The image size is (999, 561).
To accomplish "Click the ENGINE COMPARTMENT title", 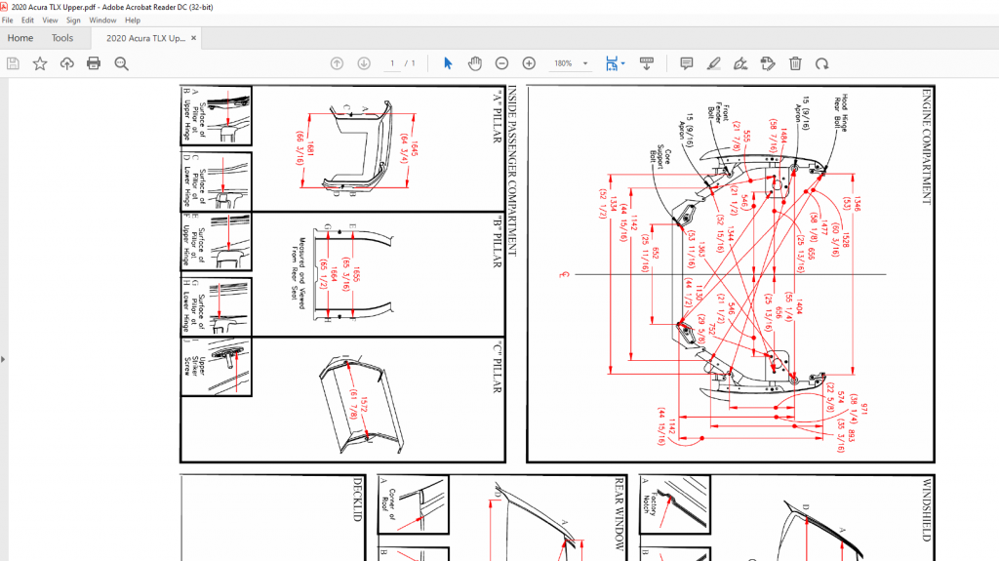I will (926, 147).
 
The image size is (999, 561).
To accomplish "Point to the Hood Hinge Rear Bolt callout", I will (840, 112).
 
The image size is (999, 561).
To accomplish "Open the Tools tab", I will (62, 38).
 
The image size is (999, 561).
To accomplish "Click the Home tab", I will (20, 38).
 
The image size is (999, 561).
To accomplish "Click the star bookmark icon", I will (40, 63).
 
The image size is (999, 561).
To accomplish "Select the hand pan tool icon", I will (475, 63).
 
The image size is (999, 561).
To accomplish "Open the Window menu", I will (102, 20).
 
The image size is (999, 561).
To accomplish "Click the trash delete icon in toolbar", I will (795, 63).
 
